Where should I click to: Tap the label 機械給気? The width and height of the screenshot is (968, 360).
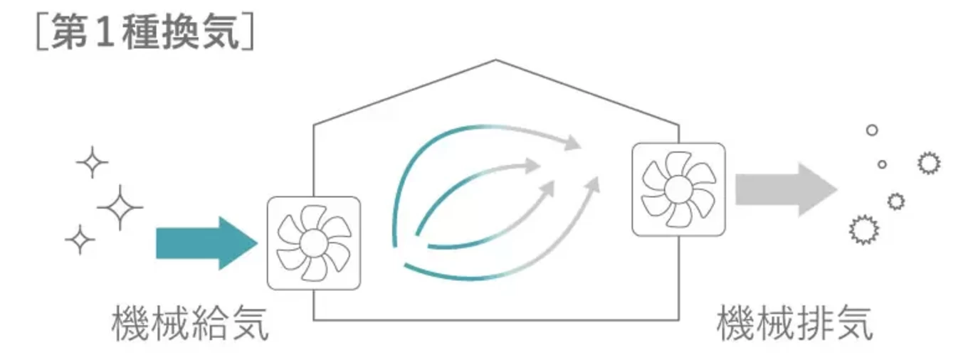[190, 324]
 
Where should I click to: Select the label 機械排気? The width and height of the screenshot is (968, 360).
[794, 324]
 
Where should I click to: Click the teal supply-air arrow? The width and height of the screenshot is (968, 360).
[206, 243]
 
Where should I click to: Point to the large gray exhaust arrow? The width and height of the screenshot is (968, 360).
[786, 190]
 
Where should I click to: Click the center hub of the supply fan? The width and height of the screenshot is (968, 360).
[313, 243]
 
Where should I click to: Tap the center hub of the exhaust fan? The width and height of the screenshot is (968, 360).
[678, 190]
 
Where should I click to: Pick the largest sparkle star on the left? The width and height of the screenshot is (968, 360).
[120, 208]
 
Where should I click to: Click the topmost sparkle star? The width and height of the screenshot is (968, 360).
[92, 162]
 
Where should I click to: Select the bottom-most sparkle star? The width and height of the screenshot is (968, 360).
[80, 240]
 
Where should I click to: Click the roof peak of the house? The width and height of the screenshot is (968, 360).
[495, 60]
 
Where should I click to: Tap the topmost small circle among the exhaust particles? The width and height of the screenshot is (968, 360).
[872, 130]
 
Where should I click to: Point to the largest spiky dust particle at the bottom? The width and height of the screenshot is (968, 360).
[864, 230]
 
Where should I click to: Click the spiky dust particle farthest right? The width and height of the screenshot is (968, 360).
[929, 163]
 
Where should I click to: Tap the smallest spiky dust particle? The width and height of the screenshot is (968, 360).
[896, 201]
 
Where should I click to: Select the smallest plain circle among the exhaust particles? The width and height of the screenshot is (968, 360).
[883, 164]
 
